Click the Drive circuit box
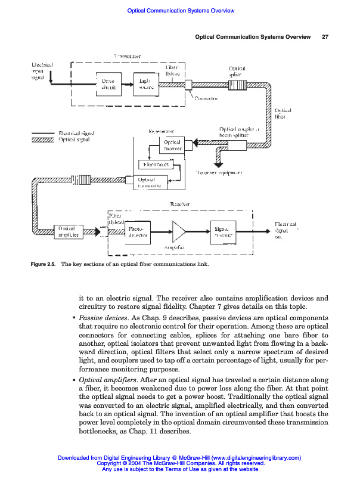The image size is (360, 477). tap(108, 84)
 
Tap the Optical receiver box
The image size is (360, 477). tap(172, 145)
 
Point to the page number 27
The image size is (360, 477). tap(325, 37)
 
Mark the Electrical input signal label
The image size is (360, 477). tap(42, 71)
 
